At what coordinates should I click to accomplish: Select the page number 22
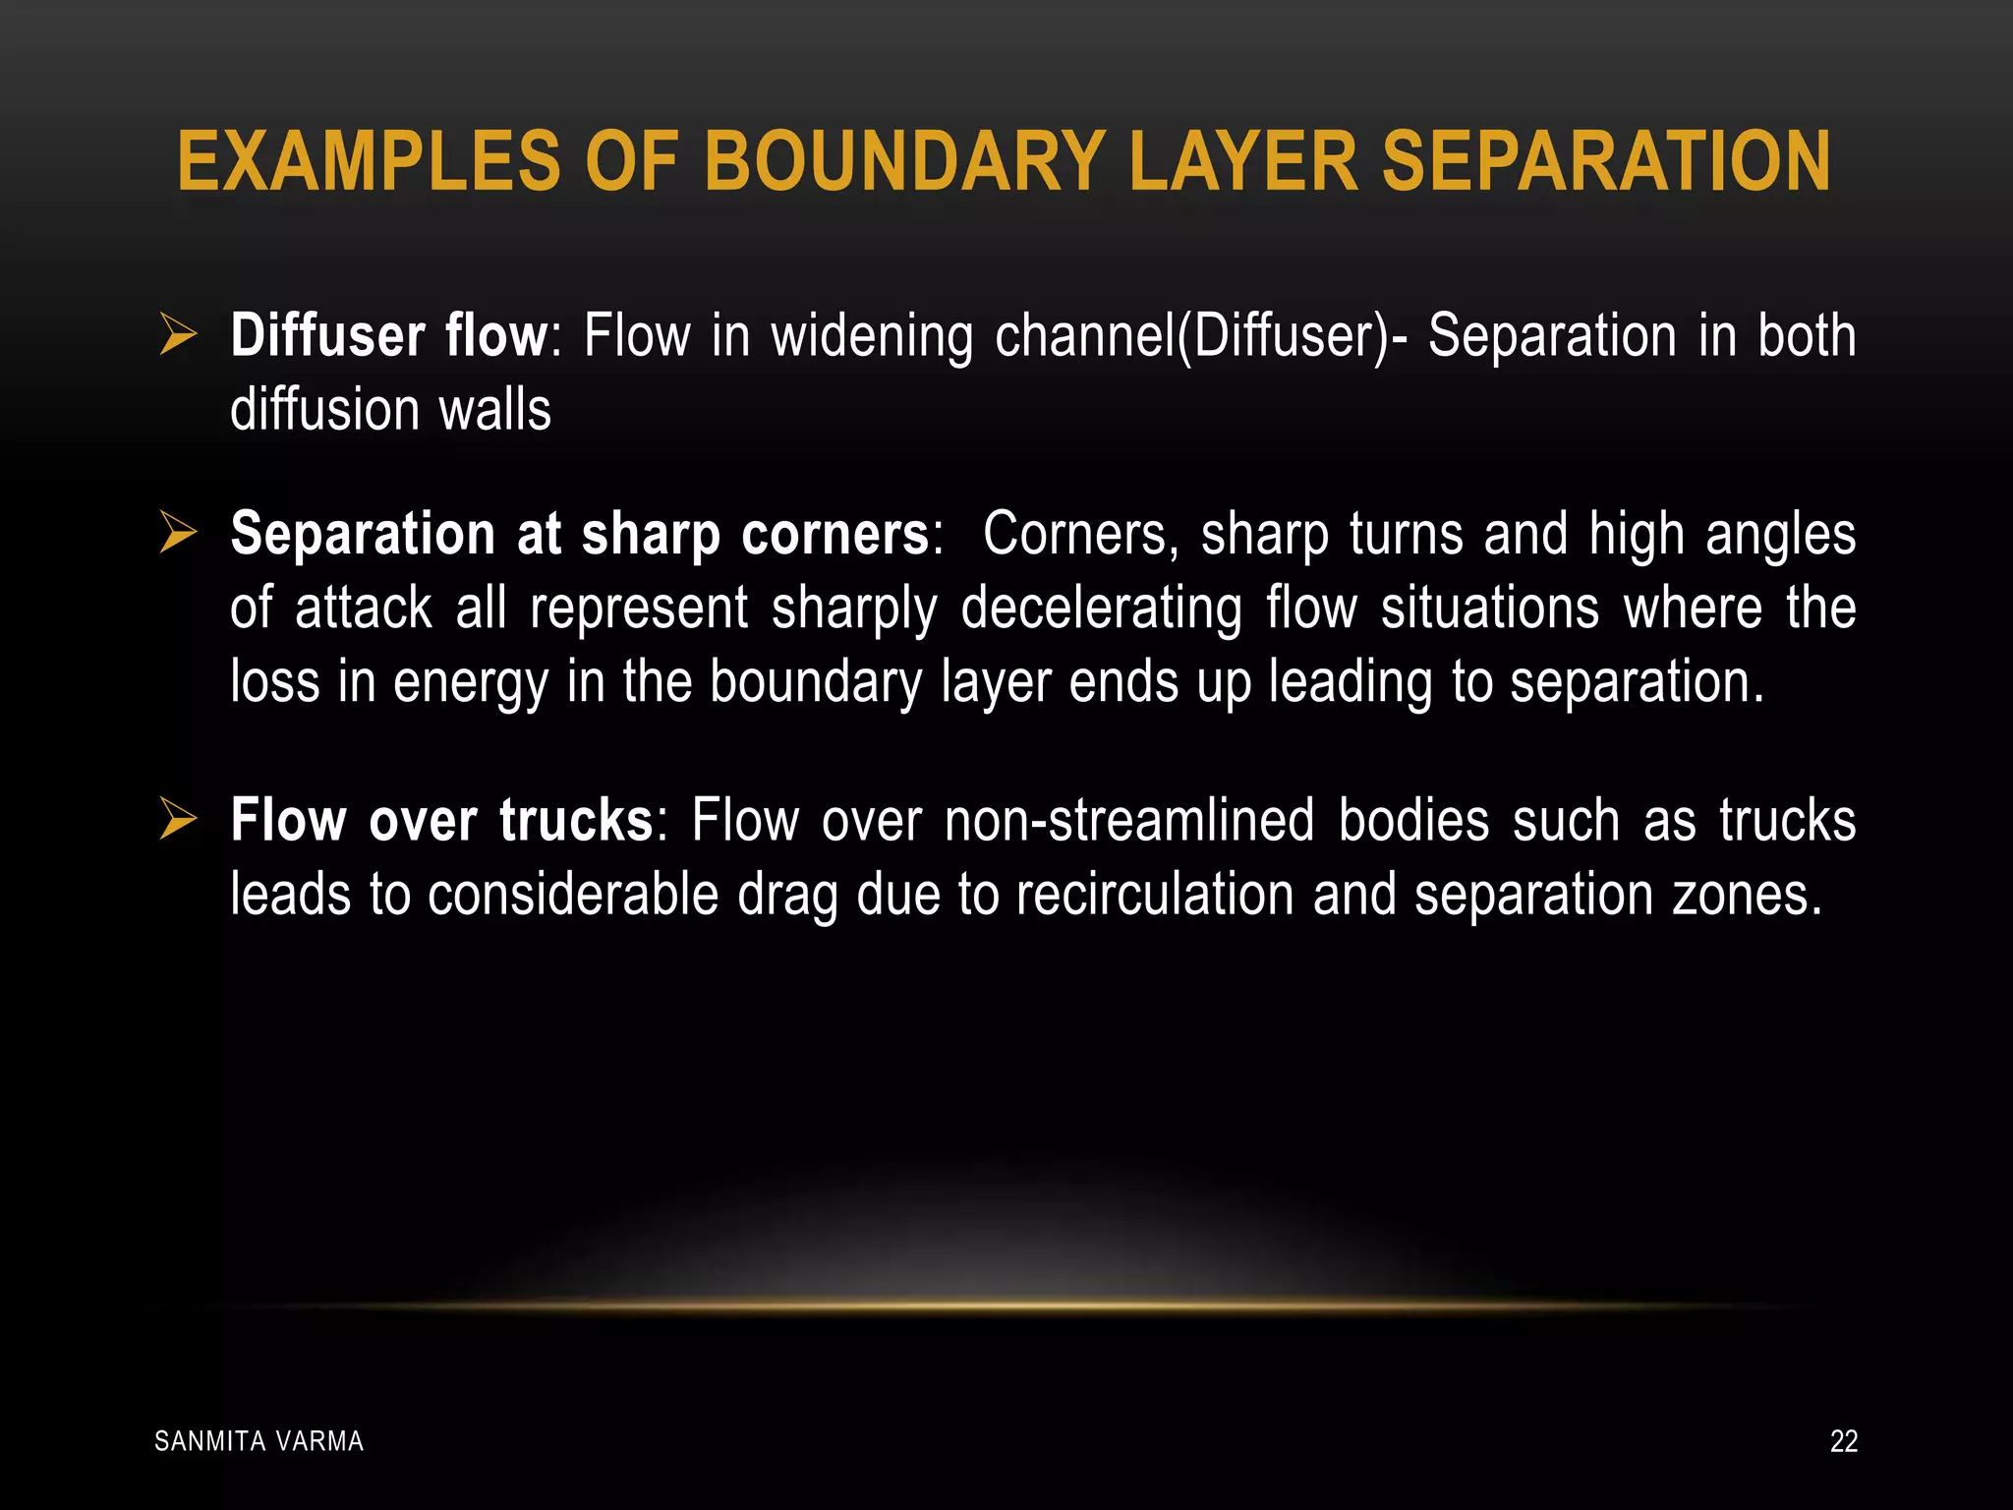(1843, 1441)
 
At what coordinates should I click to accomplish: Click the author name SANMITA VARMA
(259, 1441)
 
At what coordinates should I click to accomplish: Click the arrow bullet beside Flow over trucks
(178, 819)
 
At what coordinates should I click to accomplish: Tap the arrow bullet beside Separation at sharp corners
(178, 533)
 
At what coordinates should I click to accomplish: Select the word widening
(872, 336)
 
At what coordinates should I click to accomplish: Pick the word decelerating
(1102, 609)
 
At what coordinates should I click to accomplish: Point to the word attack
(363, 609)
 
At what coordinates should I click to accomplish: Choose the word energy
(470, 683)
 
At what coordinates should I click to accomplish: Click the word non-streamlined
(1129, 820)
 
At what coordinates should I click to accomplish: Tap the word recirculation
(1155, 895)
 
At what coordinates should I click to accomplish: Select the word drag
(787, 895)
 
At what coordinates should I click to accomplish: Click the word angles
(1780, 535)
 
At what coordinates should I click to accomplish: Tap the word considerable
(573, 895)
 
